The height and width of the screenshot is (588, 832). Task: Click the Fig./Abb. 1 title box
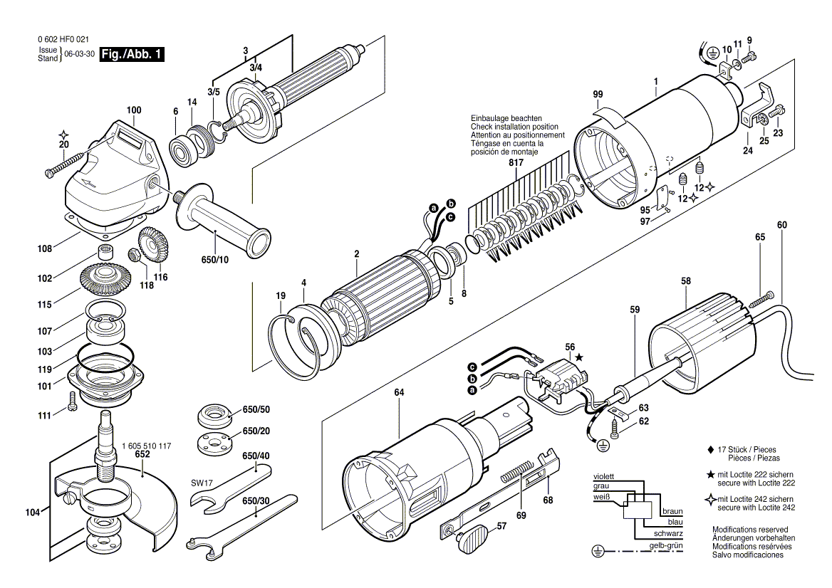click(132, 55)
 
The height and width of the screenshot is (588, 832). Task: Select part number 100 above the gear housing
click(134, 110)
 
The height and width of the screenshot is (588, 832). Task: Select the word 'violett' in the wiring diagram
click(603, 476)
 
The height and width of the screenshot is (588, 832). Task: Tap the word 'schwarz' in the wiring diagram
click(669, 533)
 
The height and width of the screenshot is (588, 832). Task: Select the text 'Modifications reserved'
click(749, 530)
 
